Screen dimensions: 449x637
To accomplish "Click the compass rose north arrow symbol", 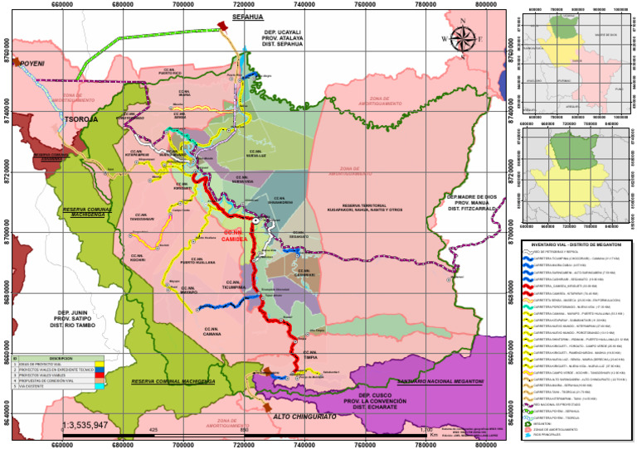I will point(465,39).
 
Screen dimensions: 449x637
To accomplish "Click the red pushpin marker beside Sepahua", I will point(221,27).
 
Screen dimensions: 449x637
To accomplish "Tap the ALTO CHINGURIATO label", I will point(304,419).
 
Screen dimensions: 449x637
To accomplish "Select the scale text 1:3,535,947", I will point(96,426).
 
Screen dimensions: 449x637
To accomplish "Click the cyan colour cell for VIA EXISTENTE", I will point(100,387).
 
